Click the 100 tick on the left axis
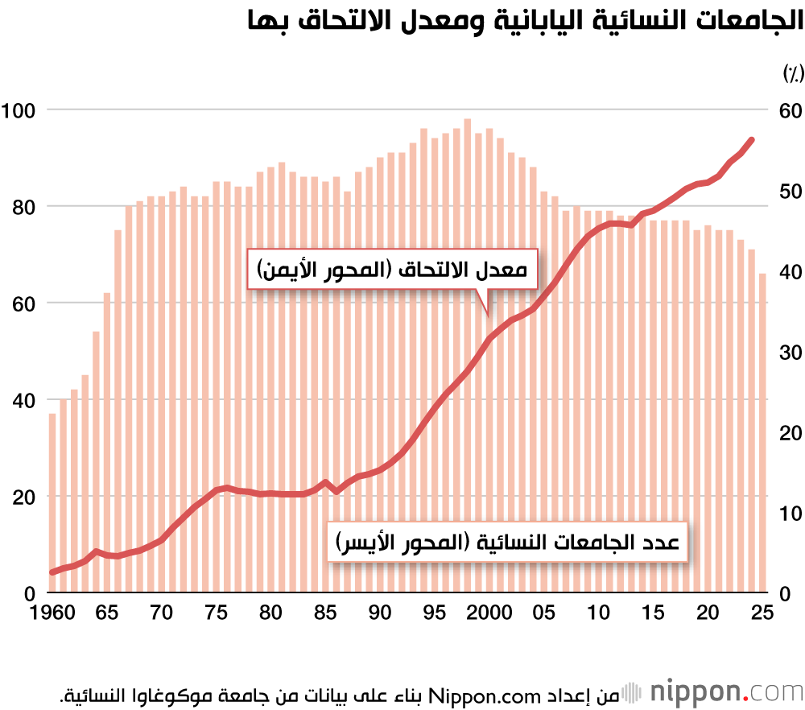(x=20, y=109)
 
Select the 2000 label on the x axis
(x=489, y=613)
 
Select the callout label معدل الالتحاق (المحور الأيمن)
(x=392, y=271)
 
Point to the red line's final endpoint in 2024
(x=752, y=140)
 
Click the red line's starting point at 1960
(x=52, y=572)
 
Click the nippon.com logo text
(x=724, y=691)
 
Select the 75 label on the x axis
(x=217, y=613)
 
